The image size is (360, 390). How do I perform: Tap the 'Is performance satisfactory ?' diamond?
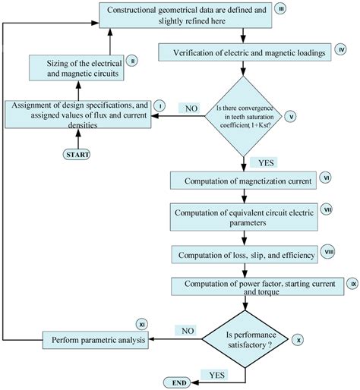point(244,338)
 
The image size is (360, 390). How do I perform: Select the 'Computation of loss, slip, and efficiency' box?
point(239,254)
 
